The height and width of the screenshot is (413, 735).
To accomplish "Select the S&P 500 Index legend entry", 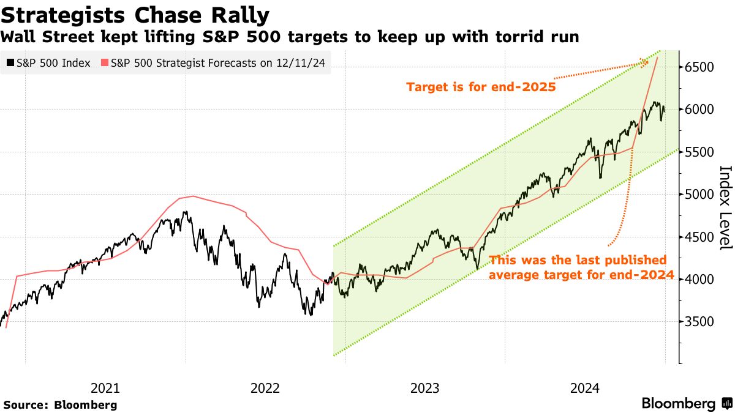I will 49,63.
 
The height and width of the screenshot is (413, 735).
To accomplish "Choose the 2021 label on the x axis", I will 105,388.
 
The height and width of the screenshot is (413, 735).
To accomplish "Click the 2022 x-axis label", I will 265,388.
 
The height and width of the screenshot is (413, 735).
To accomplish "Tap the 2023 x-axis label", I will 425,388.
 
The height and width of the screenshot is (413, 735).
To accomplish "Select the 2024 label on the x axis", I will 585,388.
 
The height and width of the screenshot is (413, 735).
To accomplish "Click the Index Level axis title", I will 725,207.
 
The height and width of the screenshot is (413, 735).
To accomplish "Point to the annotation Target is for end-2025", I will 481,87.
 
